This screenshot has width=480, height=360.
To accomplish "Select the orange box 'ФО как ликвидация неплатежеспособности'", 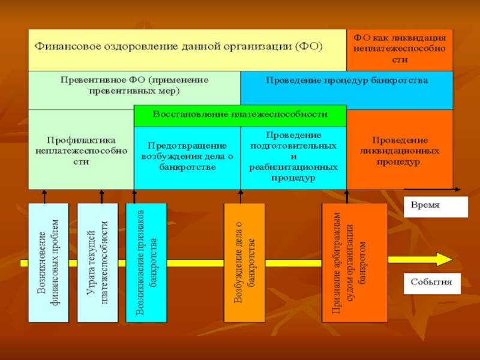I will pyautogui.click(x=400, y=48).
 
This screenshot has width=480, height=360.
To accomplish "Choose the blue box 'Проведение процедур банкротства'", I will pyautogui.click(x=347, y=88).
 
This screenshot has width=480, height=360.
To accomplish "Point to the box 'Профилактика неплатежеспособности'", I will pyautogui.click(x=80, y=150).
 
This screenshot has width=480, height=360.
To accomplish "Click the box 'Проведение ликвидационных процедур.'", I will pyautogui.click(x=400, y=150).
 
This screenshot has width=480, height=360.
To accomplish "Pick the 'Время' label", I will pyautogui.click(x=435, y=205).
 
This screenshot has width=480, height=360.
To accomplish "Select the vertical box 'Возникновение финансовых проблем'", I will pyautogui.click(x=49, y=262).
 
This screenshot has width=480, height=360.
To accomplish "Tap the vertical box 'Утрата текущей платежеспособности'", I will pyautogui.click(x=97, y=262).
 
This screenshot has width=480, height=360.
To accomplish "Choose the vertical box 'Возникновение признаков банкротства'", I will pyautogui.click(x=146, y=262).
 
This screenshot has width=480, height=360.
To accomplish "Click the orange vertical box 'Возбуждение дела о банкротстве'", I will pyautogui.click(x=244, y=262).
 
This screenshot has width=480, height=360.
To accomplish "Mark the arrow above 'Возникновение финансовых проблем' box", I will pyautogui.click(x=44, y=197).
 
